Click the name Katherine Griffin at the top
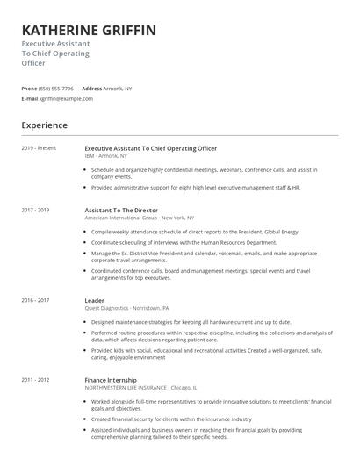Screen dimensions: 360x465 (89, 31)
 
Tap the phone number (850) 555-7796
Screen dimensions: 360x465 (57, 89)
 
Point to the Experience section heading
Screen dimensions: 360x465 (44, 125)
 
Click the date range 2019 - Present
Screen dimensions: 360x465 (38, 148)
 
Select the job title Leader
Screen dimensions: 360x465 (95, 300)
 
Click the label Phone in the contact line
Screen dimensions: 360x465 (29, 89)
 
